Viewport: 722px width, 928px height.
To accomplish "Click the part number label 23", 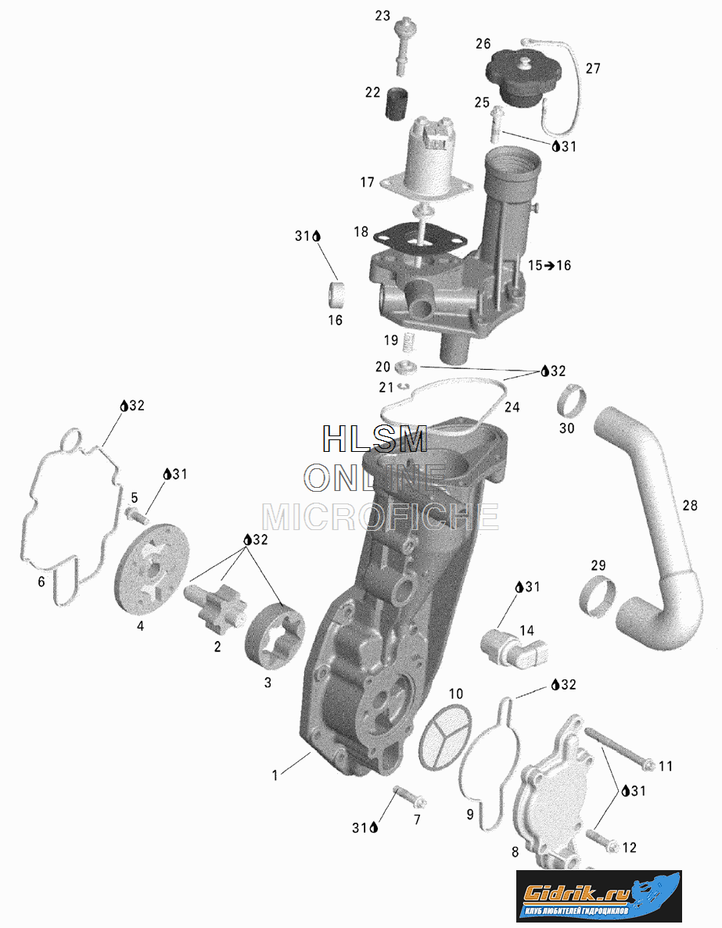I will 382,16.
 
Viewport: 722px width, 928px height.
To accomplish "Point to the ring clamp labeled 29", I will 597,593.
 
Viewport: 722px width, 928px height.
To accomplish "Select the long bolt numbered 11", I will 617,747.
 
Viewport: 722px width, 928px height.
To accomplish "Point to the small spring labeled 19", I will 408,341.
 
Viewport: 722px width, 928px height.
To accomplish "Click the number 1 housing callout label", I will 275,775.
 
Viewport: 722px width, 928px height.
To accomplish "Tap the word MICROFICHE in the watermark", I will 380,517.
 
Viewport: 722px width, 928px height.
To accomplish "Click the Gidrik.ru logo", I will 598,894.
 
